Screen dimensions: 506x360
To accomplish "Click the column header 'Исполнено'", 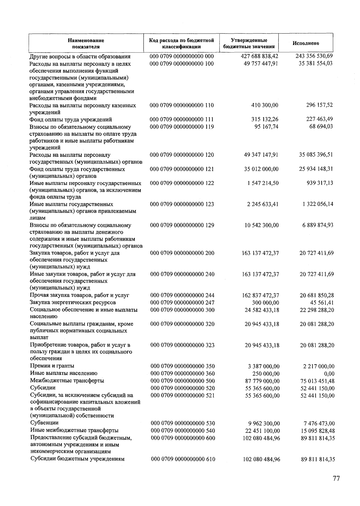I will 306,43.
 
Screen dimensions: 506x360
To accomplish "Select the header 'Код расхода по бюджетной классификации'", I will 181,43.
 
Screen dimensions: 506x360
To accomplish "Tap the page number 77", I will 336,478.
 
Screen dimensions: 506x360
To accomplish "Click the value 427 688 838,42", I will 259,56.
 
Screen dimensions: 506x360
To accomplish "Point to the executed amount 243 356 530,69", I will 314,56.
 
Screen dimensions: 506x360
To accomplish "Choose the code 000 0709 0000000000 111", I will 182,119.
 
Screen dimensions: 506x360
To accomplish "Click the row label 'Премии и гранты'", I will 52,366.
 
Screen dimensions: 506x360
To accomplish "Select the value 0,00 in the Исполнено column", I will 329,374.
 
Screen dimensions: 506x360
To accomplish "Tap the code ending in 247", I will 182,302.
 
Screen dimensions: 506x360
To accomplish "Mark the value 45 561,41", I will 321,303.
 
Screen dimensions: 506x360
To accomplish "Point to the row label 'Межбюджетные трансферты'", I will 67,381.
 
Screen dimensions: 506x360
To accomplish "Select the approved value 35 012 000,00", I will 261,169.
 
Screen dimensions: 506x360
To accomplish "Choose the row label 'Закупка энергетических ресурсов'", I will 73,302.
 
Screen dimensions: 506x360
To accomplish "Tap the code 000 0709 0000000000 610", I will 183,459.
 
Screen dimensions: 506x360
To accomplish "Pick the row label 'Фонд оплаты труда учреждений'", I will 71,119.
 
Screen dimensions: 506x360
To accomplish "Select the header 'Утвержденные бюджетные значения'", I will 249,43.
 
